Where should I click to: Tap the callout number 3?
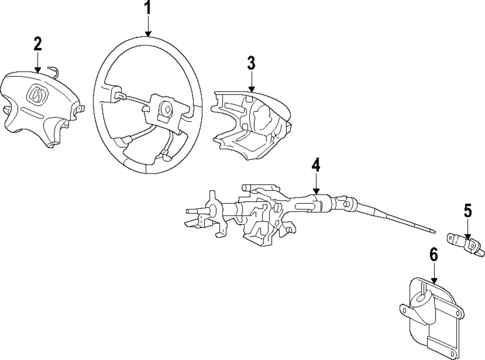coord(252,64)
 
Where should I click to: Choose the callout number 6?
coord(434,256)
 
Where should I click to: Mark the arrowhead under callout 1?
coord(148,34)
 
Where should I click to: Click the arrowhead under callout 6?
coord(434,281)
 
